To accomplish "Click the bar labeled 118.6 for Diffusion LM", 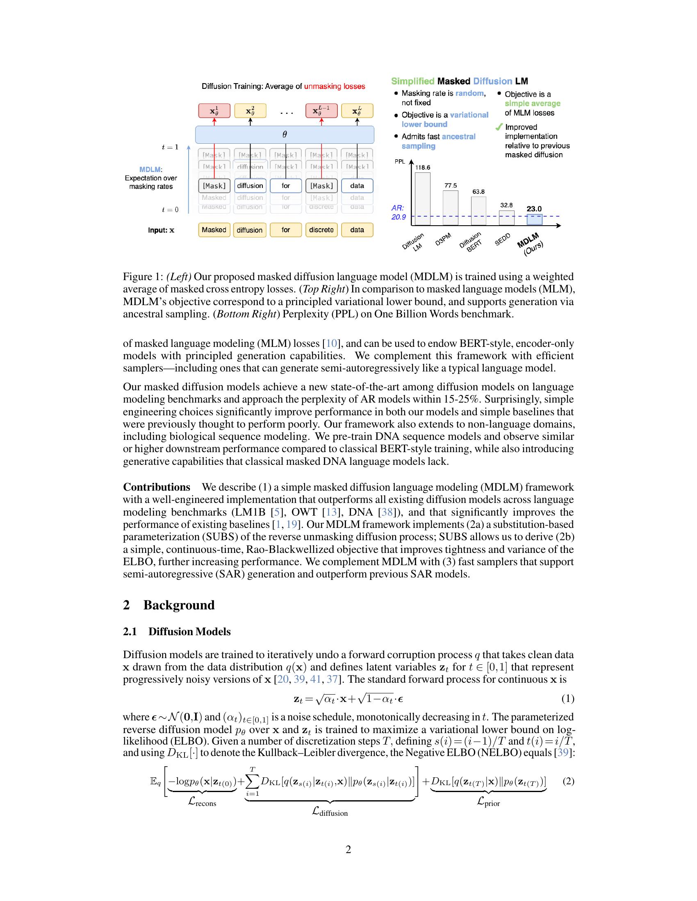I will pos(422,199).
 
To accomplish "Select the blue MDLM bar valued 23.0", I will pos(534,220).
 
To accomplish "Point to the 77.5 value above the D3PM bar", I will pos(451,186).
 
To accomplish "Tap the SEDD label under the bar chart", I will pos(503,239).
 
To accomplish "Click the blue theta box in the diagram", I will pos(285,134).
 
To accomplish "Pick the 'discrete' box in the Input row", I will pos(321,230).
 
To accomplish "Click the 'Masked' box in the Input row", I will pos(214,230).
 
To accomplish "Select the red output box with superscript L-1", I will pos(321,111).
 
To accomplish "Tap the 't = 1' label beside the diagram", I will pos(170,147).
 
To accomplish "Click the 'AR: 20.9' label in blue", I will pos(398,213).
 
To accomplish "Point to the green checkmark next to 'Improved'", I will pos(499,127).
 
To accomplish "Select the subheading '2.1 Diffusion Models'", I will pos(177,632).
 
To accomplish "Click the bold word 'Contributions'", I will pos(157,487).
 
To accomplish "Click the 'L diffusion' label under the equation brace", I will pos(330,812).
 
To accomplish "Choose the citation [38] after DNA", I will pos(386,512).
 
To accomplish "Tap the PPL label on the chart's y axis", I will pos(400,161).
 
